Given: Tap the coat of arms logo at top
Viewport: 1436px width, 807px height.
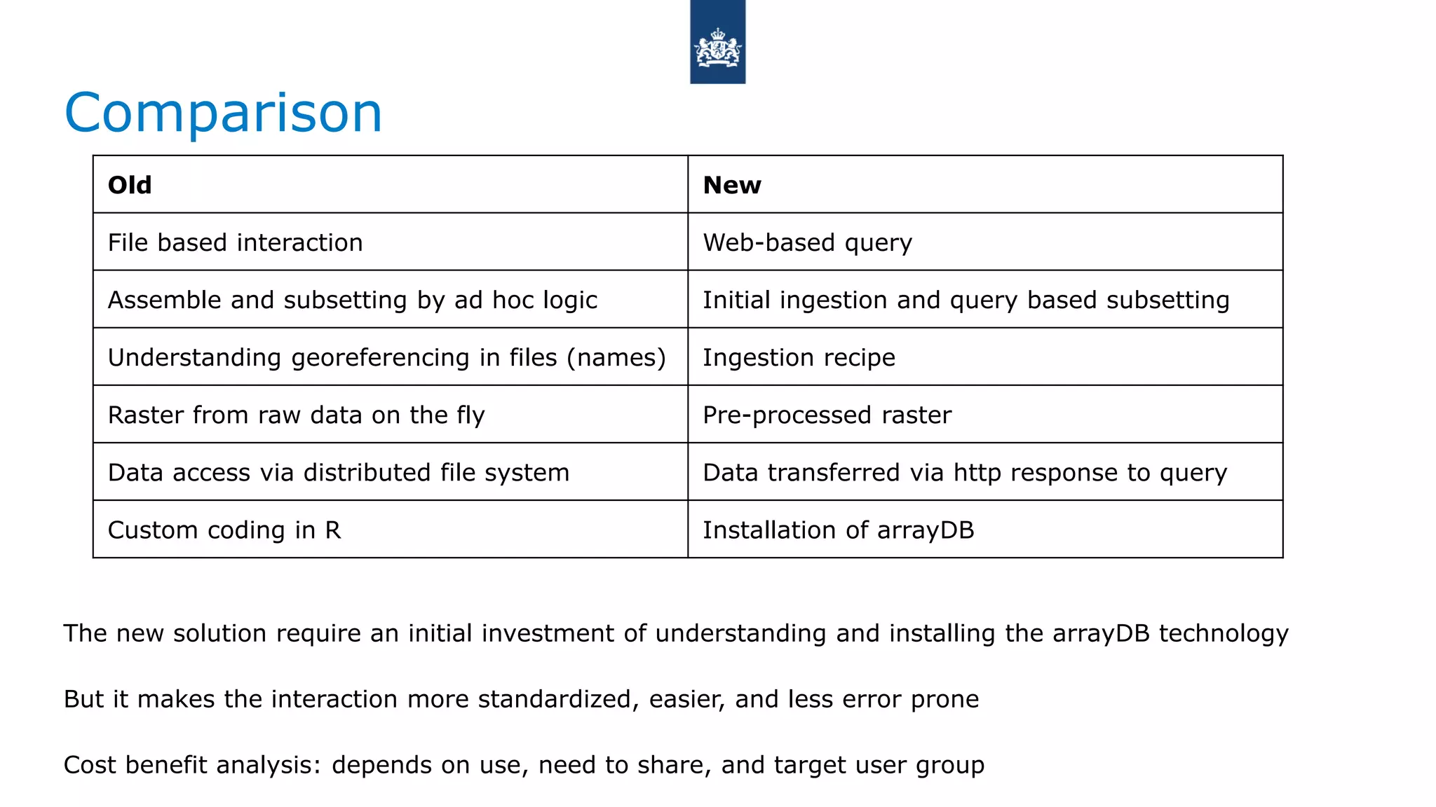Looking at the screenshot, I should tap(717, 43).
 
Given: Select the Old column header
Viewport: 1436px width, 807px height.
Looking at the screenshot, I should tap(130, 185).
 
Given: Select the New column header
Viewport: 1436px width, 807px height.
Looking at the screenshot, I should tap(732, 185).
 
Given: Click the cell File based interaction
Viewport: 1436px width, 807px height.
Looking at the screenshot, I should tap(236, 242).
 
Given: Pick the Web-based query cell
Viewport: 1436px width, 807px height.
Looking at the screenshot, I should tap(808, 242).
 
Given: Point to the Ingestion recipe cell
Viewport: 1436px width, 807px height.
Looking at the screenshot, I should tap(799, 357).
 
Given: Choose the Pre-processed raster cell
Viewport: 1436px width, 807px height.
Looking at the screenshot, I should tap(827, 415).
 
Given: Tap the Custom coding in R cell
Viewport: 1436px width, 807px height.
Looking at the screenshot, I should tap(224, 530).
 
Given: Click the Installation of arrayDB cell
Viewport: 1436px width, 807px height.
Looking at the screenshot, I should tap(839, 530).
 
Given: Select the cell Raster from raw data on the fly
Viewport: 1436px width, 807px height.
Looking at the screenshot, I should tap(297, 415).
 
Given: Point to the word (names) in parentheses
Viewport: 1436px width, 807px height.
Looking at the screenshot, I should tap(616, 357).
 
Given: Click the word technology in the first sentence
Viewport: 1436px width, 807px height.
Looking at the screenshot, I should tap(1224, 633).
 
